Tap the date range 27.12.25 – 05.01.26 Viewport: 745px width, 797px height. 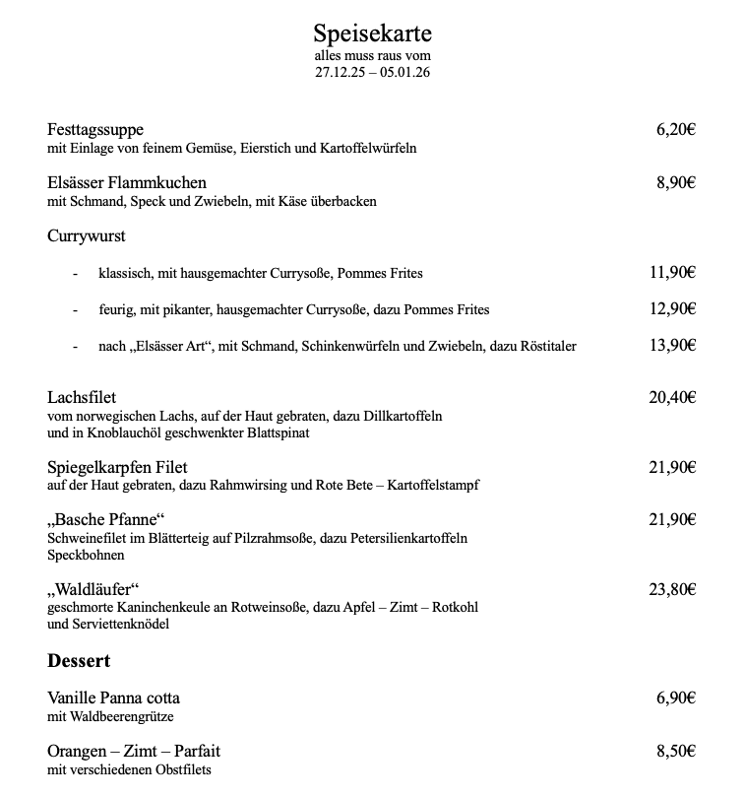(372, 72)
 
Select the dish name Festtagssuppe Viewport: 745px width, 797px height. (95, 130)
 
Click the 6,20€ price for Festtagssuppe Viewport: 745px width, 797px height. (675, 130)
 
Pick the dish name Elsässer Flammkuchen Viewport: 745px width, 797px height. (127, 182)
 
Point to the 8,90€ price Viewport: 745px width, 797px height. (675, 182)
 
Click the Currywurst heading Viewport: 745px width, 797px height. (86, 236)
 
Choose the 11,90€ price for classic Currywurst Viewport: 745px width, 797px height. (672, 273)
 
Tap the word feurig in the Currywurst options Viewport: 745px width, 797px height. (116, 309)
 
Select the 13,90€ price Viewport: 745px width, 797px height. (672, 345)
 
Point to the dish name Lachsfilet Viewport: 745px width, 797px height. (82, 398)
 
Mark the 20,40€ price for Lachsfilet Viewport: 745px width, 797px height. (672, 398)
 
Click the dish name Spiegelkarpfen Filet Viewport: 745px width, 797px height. (117, 467)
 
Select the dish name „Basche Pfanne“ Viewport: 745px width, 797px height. (105, 520)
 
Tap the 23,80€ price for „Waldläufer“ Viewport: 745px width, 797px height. (672, 590)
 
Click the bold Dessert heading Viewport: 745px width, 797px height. (79, 660)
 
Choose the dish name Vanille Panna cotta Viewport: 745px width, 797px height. (113, 698)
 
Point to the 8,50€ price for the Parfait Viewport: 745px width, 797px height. (675, 751)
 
